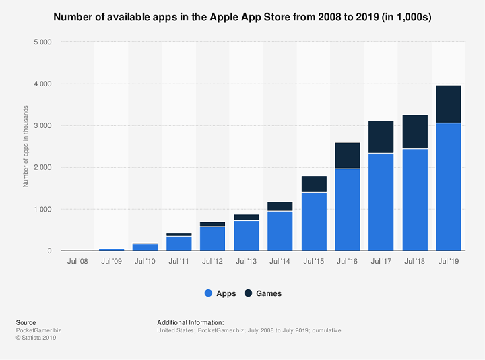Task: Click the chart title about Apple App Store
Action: click(x=243, y=16)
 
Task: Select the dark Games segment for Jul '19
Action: click(x=448, y=104)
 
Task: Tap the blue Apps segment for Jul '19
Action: click(x=448, y=187)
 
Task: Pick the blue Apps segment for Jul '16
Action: click(x=347, y=210)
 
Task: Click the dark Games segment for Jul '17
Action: click(x=381, y=137)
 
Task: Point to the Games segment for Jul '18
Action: click(x=414, y=132)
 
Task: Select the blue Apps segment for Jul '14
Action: click(x=280, y=231)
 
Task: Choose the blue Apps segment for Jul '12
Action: click(x=212, y=239)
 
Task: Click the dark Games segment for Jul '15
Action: click(x=313, y=184)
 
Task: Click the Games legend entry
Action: click(x=263, y=293)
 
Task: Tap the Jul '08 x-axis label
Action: click(x=77, y=260)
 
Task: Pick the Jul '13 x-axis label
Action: click(x=246, y=260)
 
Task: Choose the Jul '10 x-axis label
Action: click(x=145, y=260)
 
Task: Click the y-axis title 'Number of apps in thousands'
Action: click(x=26, y=146)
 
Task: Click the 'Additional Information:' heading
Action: click(x=191, y=322)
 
